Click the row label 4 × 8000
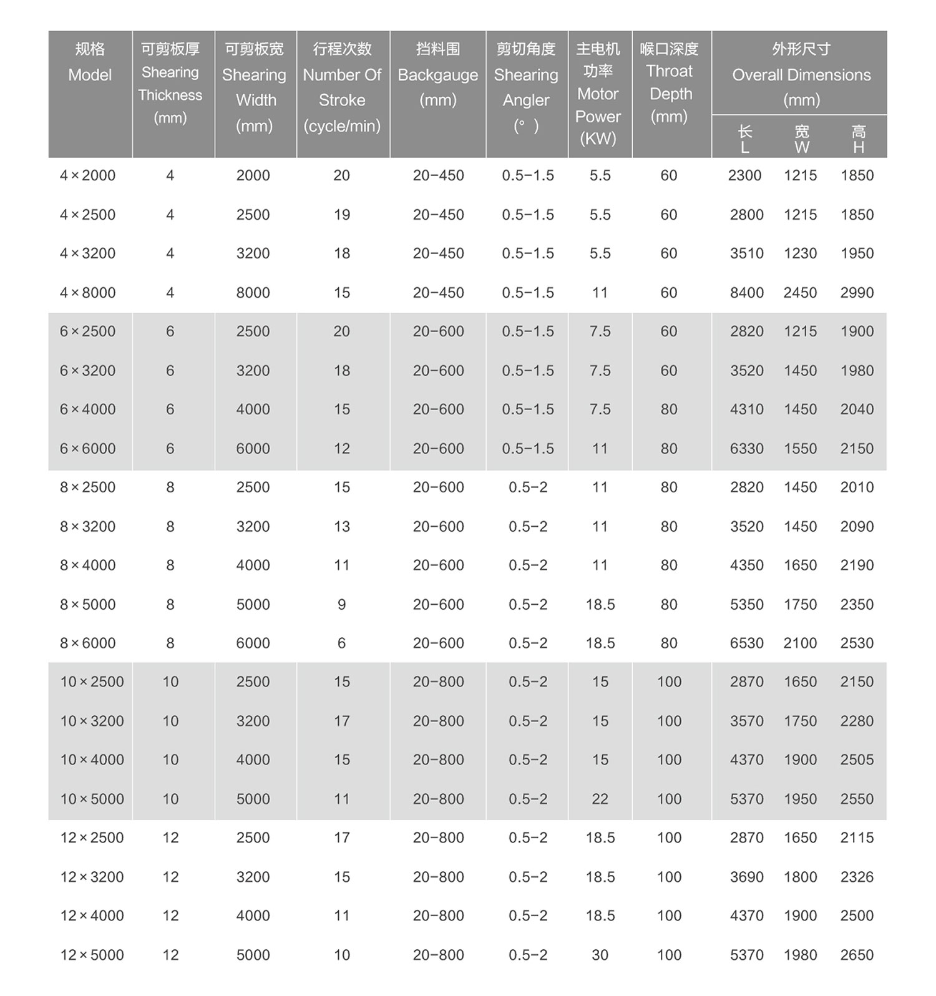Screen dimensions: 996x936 (88, 293)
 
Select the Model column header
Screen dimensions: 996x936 (90, 62)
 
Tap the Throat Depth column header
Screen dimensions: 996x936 (669, 82)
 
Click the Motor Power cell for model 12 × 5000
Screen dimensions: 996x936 (600, 955)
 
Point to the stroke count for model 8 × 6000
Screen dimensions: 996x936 (341, 643)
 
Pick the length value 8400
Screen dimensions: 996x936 (746, 293)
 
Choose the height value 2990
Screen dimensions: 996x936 (857, 293)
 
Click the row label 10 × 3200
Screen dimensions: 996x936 (92, 721)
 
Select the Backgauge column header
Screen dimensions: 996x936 (437, 75)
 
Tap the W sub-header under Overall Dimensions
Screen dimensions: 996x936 (801, 139)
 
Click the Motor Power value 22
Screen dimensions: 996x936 (600, 799)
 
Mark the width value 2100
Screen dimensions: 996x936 (800, 643)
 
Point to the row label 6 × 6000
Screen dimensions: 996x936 (88, 449)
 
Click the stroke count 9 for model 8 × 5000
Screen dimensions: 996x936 (341, 604)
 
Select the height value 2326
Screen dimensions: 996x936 (857, 877)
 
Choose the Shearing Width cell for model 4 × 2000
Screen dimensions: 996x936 (253, 175)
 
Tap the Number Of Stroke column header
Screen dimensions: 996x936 (342, 87)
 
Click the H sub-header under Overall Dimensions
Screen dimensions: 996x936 (859, 139)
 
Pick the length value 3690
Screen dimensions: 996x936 (746, 877)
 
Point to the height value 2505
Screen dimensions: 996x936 (857, 759)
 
